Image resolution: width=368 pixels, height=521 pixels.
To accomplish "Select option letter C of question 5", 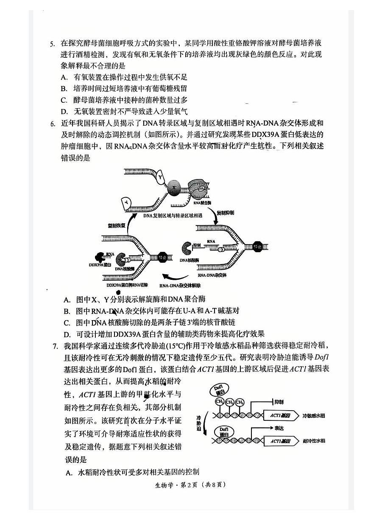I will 64,100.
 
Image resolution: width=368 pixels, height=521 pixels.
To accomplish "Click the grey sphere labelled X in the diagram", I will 173,188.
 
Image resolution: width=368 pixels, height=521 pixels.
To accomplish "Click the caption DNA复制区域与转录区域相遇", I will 172,216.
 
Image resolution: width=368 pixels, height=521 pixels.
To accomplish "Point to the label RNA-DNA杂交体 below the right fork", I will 215,276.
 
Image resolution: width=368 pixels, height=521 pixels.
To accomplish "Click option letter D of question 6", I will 67,334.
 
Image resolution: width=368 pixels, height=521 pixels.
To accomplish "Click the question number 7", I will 55,346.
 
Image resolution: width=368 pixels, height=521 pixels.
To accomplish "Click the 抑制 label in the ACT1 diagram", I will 279,401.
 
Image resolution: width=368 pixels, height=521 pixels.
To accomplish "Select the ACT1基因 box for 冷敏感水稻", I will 280,414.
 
